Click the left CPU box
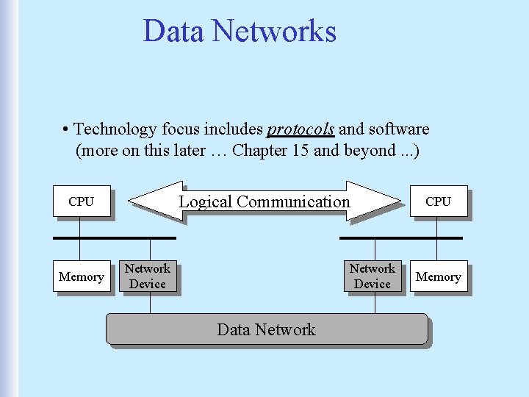point(81,201)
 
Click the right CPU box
point(438,201)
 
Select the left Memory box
point(81,276)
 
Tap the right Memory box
point(438,276)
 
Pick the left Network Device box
point(148,276)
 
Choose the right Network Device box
point(373,276)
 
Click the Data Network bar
point(266,329)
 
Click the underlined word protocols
point(301,129)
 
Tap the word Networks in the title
point(274,31)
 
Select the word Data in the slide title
point(173,31)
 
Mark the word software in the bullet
point(399,129)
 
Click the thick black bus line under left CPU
point(114,238)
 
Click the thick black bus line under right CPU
point(400,238)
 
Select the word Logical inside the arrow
point(206,201)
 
